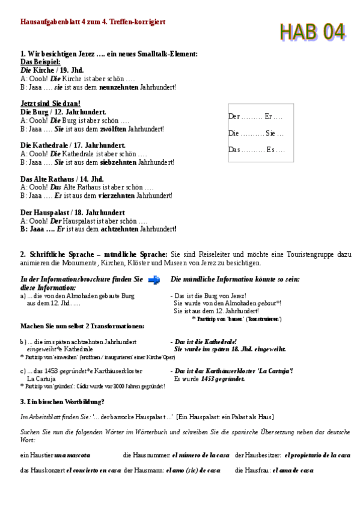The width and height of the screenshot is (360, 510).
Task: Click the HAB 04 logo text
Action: [312, 31]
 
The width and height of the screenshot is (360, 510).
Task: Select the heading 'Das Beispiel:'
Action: [40, 62]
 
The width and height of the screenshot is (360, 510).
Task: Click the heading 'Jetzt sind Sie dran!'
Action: [50, 103]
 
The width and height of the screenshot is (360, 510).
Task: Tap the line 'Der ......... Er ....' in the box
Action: [255, 116]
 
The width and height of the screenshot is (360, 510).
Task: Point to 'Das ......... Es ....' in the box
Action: [257, 149]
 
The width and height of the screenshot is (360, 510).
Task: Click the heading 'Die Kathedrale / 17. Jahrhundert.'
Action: [73, 146]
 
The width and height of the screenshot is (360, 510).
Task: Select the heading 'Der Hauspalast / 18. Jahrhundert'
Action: [73, 212]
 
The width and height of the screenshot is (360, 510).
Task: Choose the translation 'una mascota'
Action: [72, 455]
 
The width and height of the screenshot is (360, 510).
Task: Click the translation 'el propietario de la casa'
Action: [317, 455]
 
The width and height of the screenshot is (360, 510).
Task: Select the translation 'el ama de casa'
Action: [293, 470]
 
